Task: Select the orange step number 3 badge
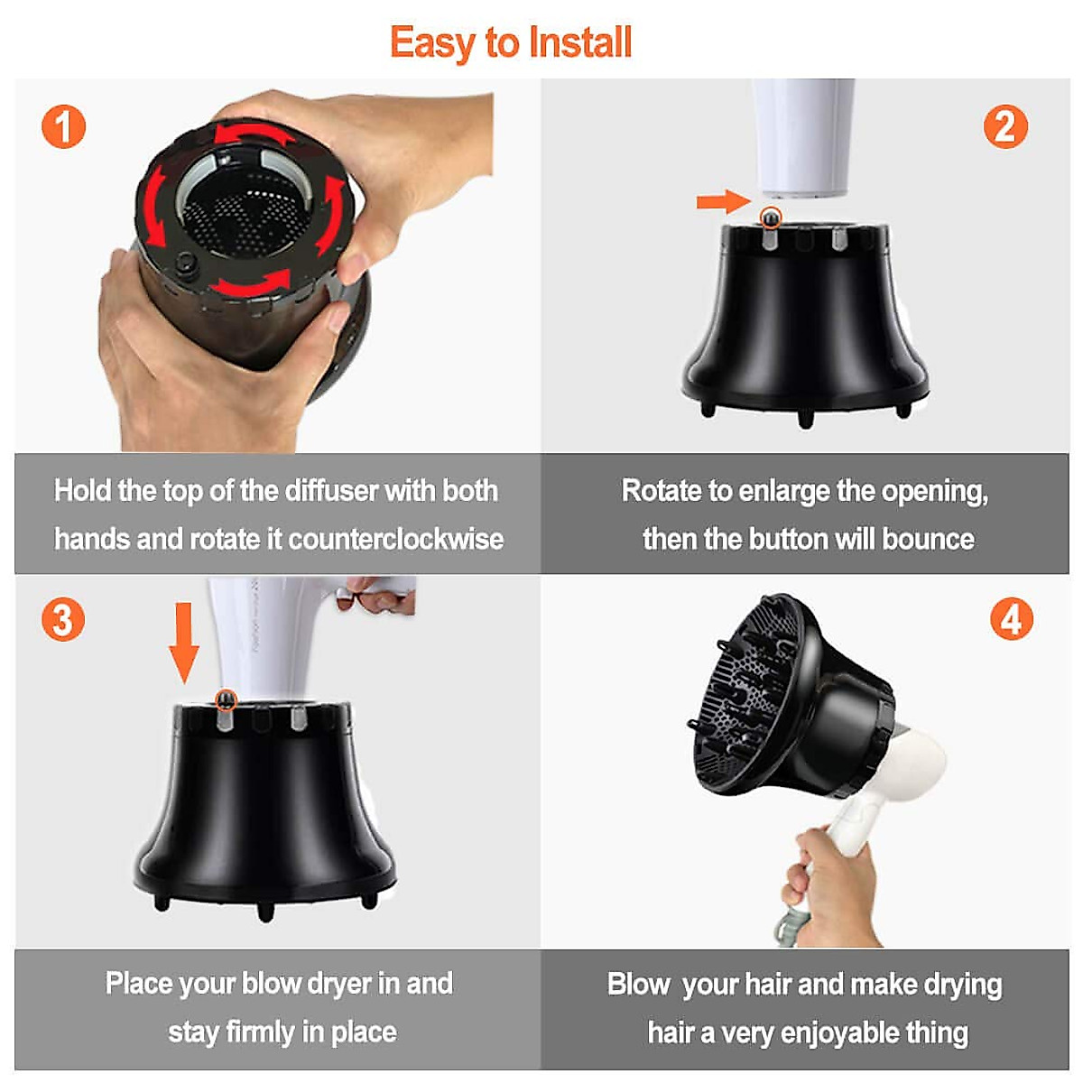pos(63,619)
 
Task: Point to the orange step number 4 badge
pos(1011,619)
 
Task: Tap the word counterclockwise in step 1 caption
pos(396,540)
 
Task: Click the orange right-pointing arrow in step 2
pos(723,201)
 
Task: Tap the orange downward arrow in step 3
pos(184,643)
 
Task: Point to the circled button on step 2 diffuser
pos(771,217)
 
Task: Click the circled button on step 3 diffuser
pos(227,699)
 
